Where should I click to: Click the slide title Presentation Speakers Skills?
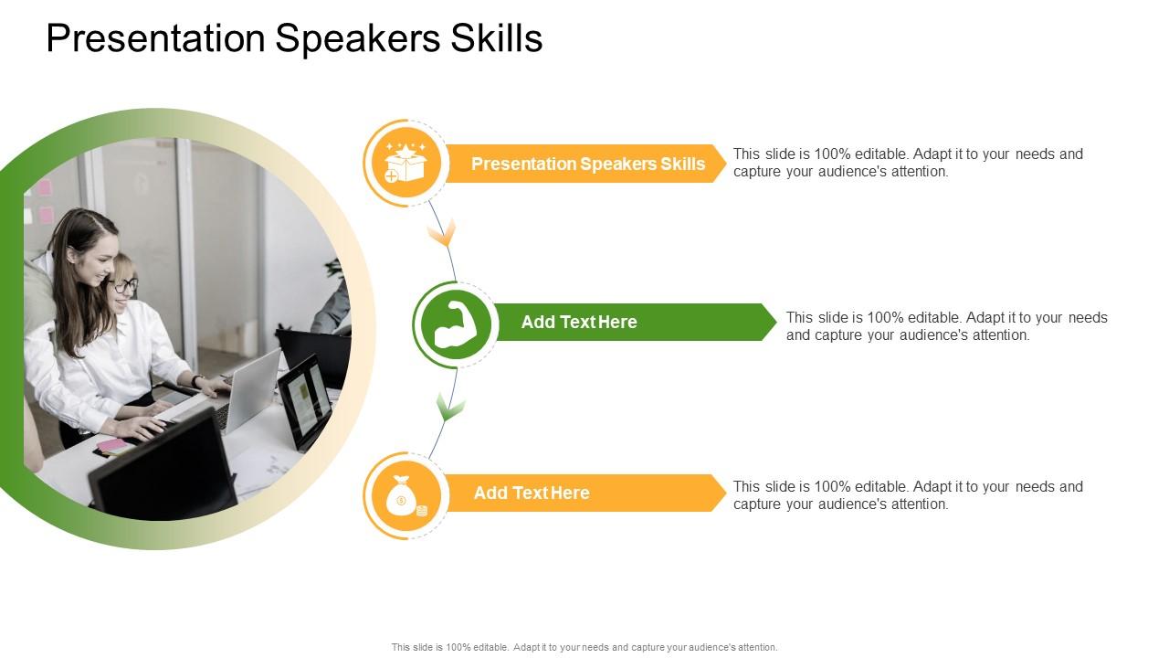tap(294, 38)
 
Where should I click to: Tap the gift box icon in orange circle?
tap(405, 164)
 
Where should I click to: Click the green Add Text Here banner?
tap(630, 322)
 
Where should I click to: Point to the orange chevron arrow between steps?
tap(442, 234)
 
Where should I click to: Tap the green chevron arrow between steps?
tap(449, 407)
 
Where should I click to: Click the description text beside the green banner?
tap(946, 326)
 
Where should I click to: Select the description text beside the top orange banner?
tap(907, 163)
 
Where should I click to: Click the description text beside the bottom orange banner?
tap(907, 495)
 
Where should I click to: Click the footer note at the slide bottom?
tap(584, 647)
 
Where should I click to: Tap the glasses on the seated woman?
tap(123, 286)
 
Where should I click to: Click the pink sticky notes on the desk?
tap(112, 446)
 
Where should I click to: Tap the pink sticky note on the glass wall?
tap(44, 188)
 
